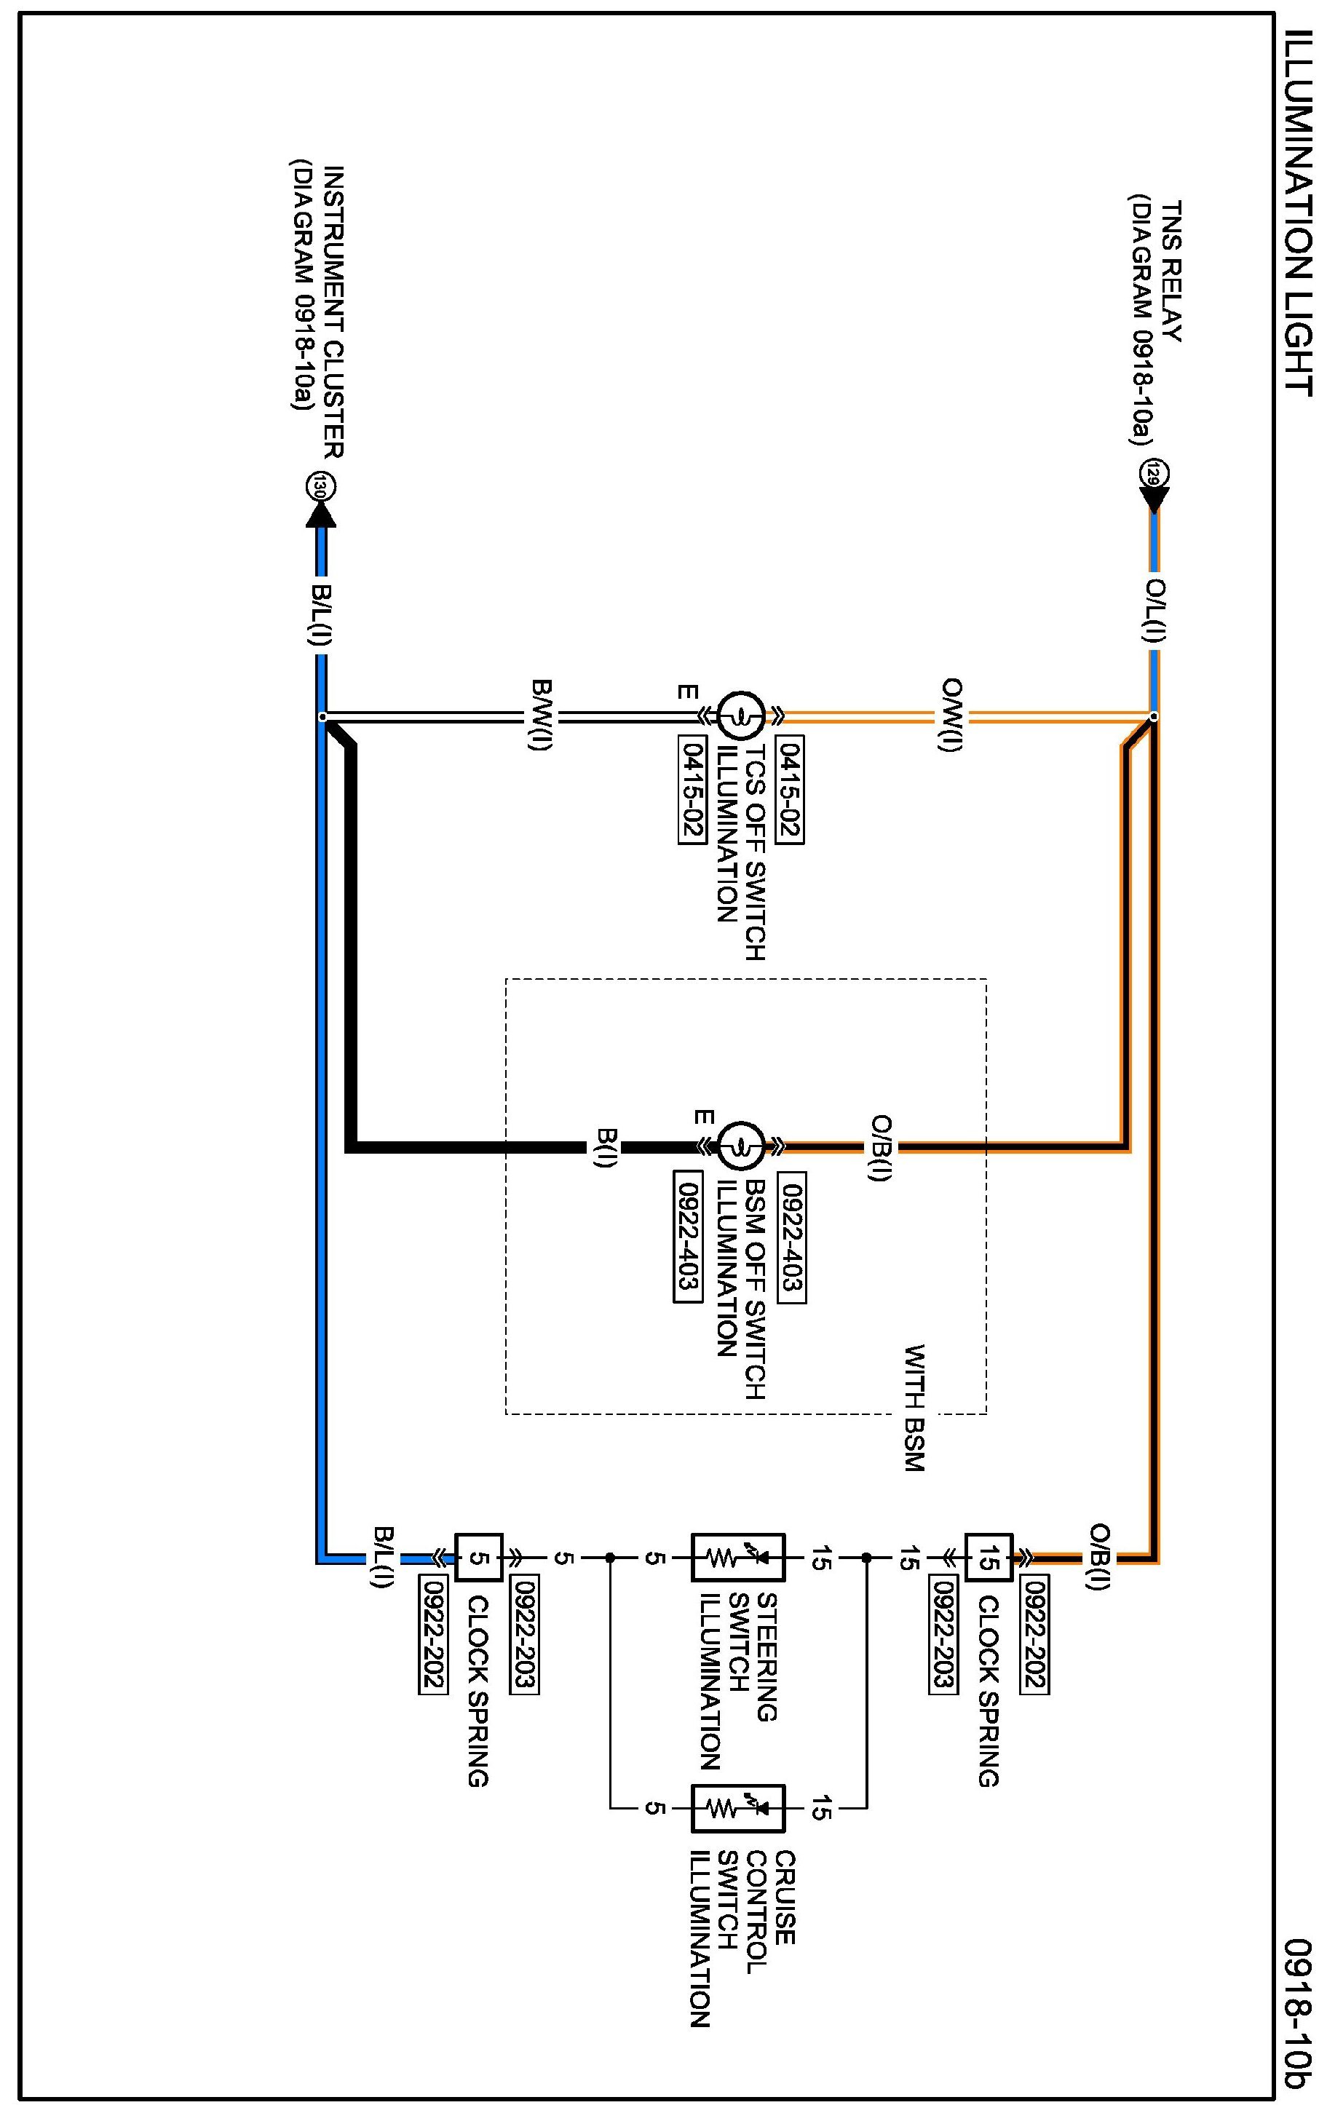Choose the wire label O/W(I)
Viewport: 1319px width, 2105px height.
[x=953, y=715]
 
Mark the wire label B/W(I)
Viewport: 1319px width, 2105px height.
[x=541, y=715]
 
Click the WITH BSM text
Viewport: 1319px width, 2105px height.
[x=915, y=1409]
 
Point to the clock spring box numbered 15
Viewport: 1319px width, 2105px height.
[x=989, y=1557]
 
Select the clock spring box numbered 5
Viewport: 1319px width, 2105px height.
[x=479, y=1557]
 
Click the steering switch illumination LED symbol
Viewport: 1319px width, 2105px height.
[x=738, y=1557]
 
